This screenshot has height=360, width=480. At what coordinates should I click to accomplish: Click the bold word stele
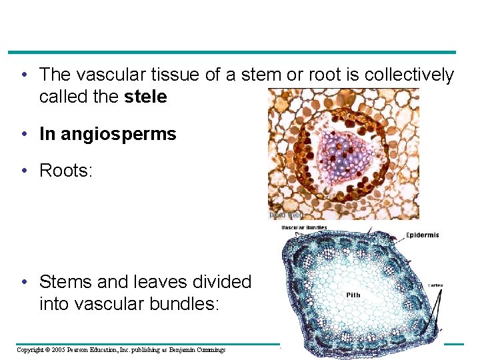point(145,97)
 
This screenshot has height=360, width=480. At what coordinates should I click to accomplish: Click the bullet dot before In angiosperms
point(24,134)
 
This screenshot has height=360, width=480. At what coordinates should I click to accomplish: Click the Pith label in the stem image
point(354,295)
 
